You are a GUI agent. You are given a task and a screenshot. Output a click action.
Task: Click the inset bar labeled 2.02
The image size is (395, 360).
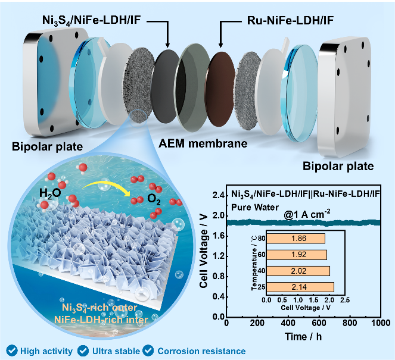coord(297,271)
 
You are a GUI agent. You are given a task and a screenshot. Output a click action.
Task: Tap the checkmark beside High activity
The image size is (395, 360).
coord(9,351)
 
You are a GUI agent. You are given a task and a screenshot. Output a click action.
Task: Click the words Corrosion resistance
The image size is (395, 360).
coord(201,351)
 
